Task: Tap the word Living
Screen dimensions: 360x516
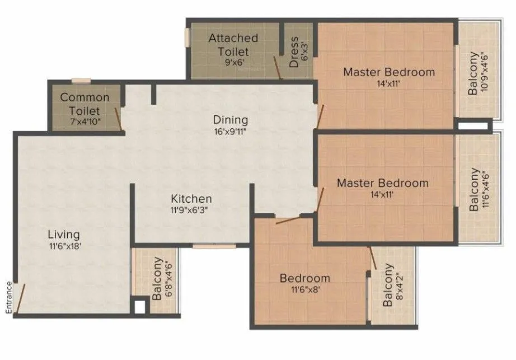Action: (63, 234)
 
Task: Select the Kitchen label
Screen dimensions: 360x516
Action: (191, 199)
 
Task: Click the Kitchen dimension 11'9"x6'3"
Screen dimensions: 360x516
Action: (191, 211)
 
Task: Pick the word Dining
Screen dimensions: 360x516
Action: (230, 120)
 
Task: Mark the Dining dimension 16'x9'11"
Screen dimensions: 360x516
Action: (230, 132)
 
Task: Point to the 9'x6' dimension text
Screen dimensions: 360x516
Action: (233, 62)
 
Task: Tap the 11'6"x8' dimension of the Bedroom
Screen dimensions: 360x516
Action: (304, 289)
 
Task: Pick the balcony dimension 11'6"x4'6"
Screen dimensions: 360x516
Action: (485, 190)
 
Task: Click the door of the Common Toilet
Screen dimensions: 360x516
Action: (119, 118)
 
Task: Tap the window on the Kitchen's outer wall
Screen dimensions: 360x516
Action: (207, 245)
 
